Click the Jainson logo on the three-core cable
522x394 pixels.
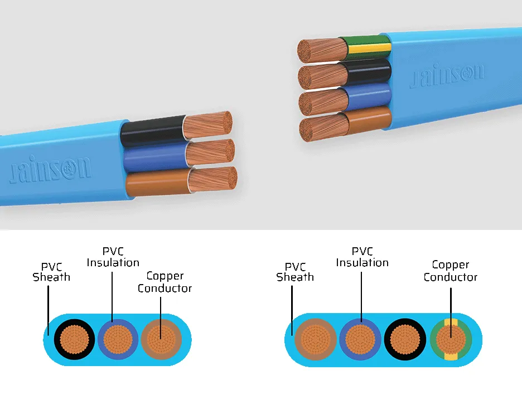51,169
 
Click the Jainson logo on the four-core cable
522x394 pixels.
447,75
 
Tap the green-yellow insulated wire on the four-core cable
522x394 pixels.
369,48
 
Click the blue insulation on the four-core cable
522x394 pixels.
369,96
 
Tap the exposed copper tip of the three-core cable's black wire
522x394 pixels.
207,125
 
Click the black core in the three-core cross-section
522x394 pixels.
75,339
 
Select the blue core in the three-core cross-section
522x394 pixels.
118,339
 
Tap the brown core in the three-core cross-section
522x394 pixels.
162,339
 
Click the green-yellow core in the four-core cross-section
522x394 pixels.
451,340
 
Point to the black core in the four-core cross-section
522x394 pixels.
405,339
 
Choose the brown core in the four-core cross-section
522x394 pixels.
316,339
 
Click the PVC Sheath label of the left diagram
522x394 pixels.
52,272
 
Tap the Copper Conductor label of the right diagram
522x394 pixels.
451,271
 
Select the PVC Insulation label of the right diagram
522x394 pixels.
362,257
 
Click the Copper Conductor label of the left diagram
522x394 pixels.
165,282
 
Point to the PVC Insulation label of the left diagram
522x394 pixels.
113,257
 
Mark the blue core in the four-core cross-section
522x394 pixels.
360,339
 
